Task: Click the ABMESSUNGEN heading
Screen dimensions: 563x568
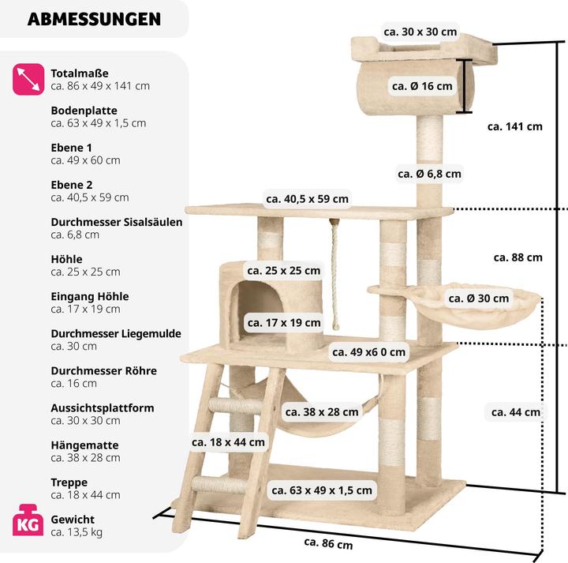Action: click(x=94, y=19)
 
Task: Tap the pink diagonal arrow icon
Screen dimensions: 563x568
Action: click(x=28, y=79)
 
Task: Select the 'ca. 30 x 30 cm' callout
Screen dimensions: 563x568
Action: click(x=420, y=32)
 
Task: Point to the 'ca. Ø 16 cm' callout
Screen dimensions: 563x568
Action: click(x=422, y=86)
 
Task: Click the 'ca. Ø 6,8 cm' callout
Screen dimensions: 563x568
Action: click(x=429, y=174)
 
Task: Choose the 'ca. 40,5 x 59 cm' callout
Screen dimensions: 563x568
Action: click(x=307, y=199)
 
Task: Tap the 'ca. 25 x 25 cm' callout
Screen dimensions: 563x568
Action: click(x=284, y=271)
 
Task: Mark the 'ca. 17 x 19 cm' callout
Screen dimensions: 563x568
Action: click(x=284, y=322)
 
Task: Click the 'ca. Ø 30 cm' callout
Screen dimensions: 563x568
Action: click(x=479, y=298)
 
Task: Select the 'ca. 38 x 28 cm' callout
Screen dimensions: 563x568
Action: click(x=321, y=411)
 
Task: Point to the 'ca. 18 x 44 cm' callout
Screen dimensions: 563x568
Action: click(x=228, y=442)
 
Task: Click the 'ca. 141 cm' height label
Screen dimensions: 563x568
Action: click(x=514, y=126)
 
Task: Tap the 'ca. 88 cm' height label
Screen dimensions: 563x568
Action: click(x=518, y=257)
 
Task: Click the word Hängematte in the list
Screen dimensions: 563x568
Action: click(x=81, y=445)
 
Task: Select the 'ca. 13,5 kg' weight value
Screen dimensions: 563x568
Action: click(x=77, y=532)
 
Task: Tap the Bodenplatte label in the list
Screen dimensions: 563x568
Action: click(x=84, y=111)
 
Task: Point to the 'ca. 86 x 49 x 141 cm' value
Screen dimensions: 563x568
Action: click(x=100, y=86)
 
